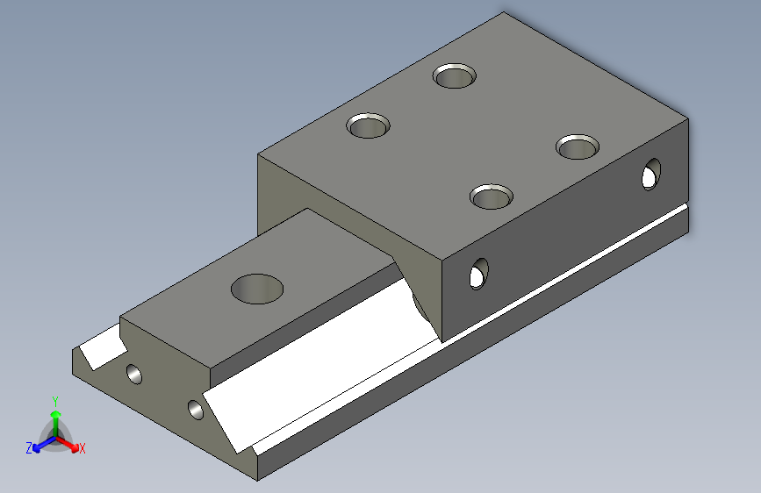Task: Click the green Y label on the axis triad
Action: (x=55, y=402)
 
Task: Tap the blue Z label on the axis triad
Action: (x=29, y=448)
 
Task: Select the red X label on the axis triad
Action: (x=82, y=448)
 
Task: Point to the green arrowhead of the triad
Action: (x=56, y=414)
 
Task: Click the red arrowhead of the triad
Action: (x=75, y=447)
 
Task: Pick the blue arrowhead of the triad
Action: (x=37, y=447)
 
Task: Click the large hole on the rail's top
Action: (x=257, y=289)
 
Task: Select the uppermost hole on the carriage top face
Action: (x=455, y=75)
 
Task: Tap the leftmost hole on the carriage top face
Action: (x=368, y=125)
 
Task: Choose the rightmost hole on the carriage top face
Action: (x=577, y=147)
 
